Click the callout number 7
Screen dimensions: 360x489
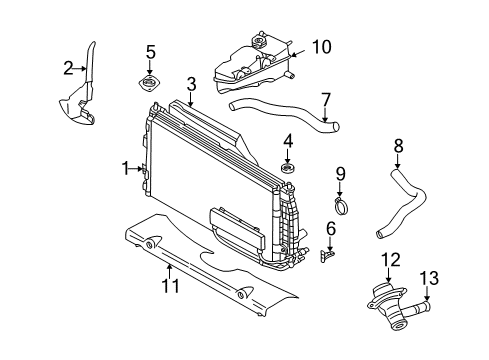tap(325, 98)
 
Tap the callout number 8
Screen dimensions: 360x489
tap(398, 147)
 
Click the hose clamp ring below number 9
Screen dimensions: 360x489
tap(341, 207)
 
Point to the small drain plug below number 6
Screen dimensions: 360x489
tap(327, 256)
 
